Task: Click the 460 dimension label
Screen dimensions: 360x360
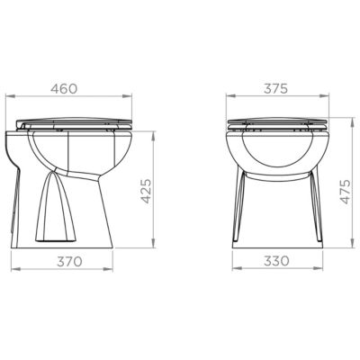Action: [x=64, y=88]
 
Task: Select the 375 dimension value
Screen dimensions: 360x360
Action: [x=275, y=88]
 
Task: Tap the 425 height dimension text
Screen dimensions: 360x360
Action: [x=146, y=191]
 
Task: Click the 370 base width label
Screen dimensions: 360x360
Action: [x=69, y=262]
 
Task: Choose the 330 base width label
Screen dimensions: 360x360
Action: [x=276, y=261]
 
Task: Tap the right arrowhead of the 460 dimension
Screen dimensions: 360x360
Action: [x=127, y=96]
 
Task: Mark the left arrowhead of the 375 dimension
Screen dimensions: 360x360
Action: [x=230, y=96]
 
